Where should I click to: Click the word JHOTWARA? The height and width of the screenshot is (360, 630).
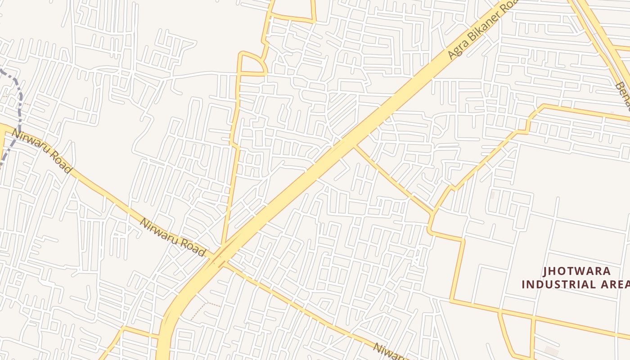[576, 271]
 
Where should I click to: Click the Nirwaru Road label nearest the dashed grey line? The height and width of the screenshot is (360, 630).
[41, 151]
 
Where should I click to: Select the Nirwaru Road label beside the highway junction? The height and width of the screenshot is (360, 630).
[172, 237]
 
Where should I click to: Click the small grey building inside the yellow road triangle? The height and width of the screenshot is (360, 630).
[551, 351]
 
